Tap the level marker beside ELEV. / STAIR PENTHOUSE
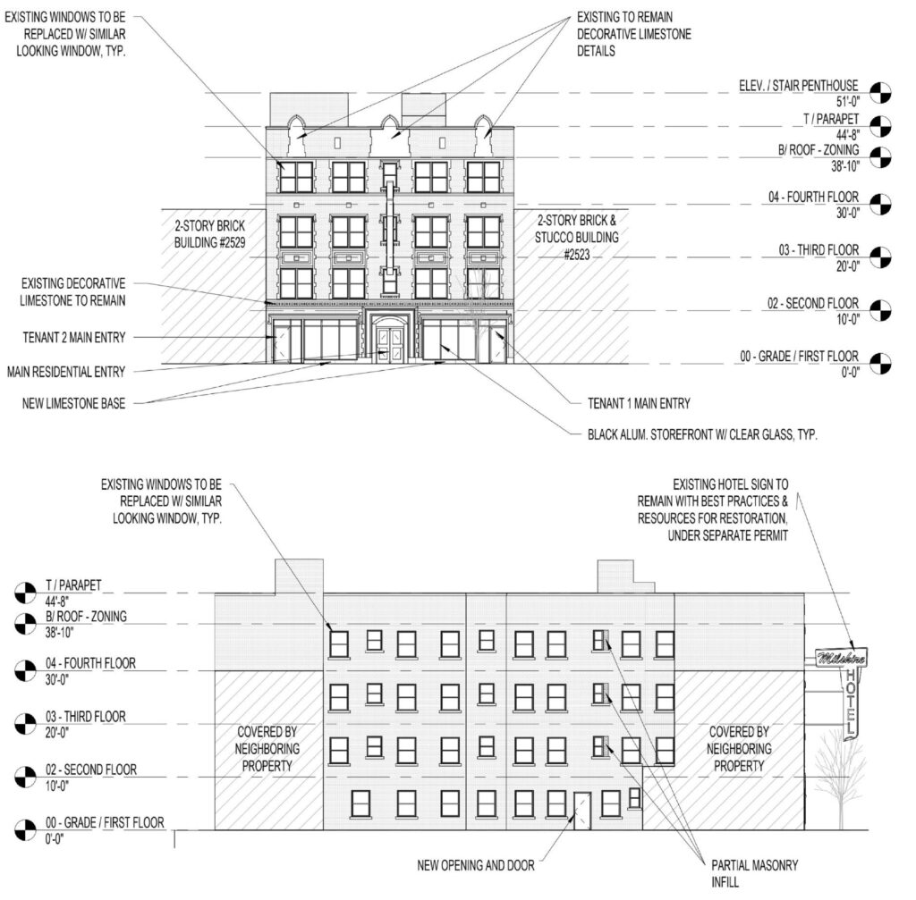point(881,93)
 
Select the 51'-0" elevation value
point(848,102)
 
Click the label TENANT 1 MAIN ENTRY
point(639,403)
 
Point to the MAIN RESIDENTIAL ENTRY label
point(66,372)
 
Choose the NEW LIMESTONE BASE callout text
point(73,403)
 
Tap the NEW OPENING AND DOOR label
point(476,865)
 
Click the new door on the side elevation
point(581,811)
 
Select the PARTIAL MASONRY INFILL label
point(754,873)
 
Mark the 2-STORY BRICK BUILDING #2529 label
point(209,234)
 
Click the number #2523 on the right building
point(577,255)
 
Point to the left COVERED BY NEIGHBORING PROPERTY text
point(267,749)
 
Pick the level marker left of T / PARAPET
point(25,593)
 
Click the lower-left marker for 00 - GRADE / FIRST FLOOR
point(25,830)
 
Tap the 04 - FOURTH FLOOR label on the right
point(813,198)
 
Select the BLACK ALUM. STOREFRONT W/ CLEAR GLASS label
point(702,434)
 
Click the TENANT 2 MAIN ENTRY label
point(74,337)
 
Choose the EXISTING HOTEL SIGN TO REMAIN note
point(713,509)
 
